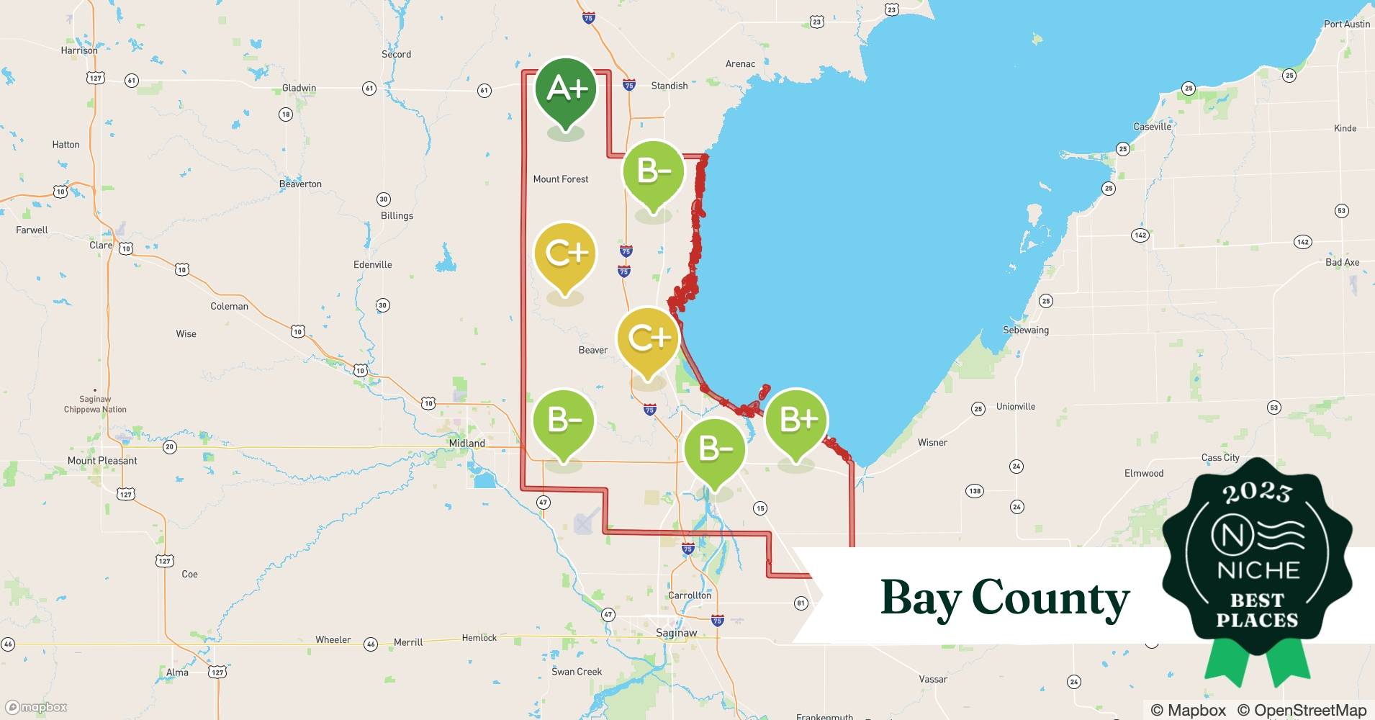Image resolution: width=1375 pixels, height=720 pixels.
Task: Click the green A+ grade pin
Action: click(x=566, y=90)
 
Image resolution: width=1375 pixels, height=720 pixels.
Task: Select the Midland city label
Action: click(x=466, y=444)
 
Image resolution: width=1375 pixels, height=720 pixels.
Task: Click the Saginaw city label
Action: click(x=676, y=633)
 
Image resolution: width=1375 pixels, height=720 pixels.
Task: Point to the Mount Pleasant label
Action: click(x=102, y=461)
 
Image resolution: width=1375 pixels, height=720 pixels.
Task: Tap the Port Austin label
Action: click(x=1346, y=24)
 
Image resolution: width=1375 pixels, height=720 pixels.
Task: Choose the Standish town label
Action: click(x=669, y=86)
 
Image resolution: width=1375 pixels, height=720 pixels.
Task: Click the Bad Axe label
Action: click(x=1342, y=262)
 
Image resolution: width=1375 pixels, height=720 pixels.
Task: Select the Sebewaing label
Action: click(x=1025, y=330)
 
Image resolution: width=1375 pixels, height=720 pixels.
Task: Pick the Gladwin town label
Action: click(x=299, y=88)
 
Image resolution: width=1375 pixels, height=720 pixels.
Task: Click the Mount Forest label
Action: click(x=560, y=179)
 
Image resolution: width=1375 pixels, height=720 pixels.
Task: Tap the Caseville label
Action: click(x=1152, y=127)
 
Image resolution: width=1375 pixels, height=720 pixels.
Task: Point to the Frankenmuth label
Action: click(x=824, y=716)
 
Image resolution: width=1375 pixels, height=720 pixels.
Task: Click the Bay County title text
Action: click(x=1004, y=598)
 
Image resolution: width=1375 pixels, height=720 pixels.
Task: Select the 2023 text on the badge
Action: click(x=1257, y=492)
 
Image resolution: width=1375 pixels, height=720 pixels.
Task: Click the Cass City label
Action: click(x=1220, y=457)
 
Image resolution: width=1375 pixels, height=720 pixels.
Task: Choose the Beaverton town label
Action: click(x=300, y=184)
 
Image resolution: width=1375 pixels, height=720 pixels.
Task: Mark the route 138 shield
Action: click(x=974, y=491)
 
